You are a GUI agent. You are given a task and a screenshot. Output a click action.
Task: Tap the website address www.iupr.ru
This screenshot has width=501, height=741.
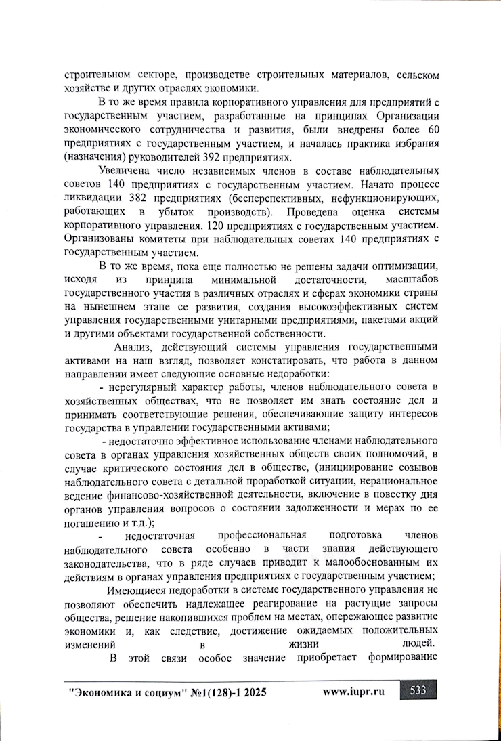point(353,692)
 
